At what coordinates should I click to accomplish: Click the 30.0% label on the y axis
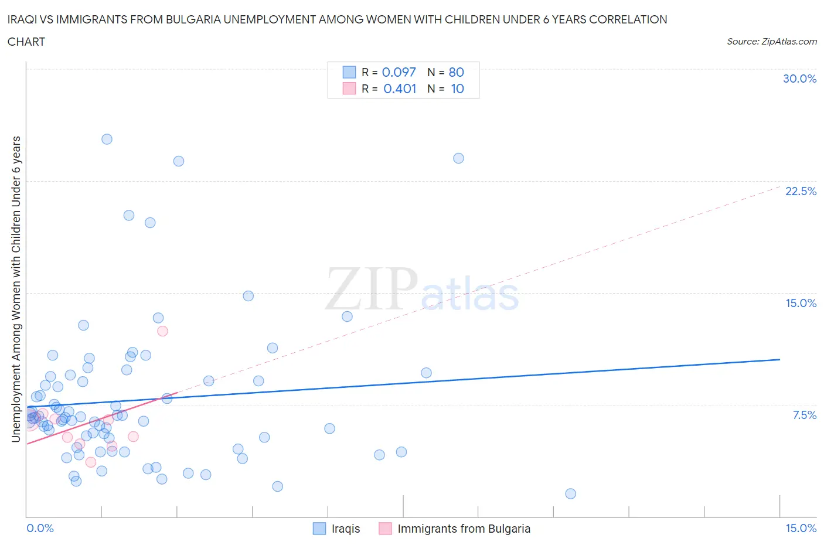click(x=799, y=79)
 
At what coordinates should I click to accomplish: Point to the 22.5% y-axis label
click(x=801, y=191)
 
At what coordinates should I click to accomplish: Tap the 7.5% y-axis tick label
click(x=804, y=415)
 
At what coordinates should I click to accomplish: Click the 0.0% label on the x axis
click(x=40, y=528)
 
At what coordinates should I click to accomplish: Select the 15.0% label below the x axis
click(x=801, y=528)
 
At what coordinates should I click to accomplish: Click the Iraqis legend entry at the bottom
click(x=345, y=529)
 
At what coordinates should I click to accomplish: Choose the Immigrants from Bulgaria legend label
click(x=464, y=529)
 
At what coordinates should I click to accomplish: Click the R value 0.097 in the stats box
click(x=399, y=72)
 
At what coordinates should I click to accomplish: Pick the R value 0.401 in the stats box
click(x=400, y=88)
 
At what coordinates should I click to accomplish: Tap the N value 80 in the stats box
click(x=456, y=72)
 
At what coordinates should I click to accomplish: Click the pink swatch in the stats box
click(x=349, y=88)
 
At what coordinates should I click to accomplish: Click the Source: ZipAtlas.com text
click(x=771, y=41)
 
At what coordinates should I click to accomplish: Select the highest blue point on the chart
click(x=107, y=139)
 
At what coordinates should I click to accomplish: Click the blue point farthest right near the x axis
click(x=570, y=493)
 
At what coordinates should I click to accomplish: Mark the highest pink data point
click(x=163, y=331)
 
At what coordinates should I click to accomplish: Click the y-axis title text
click(x=16, y=289)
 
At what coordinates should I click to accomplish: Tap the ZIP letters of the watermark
click(x=372, y=288)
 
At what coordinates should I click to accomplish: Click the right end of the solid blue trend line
click(x=779, y=359)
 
